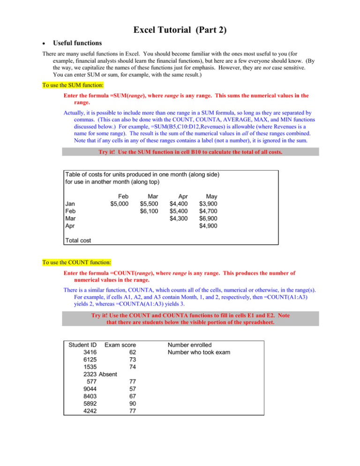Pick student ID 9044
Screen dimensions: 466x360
(x=89, y=390)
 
